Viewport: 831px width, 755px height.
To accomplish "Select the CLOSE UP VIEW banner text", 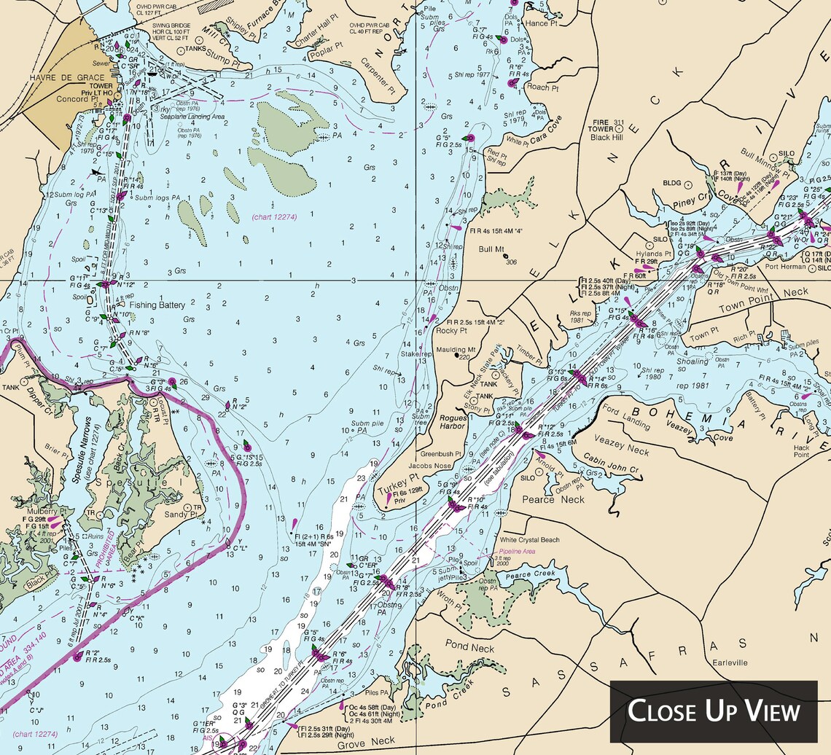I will (714, 711).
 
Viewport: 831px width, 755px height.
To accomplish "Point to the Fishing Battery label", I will (157, 305).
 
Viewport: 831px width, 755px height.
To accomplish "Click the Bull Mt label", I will (491, 249).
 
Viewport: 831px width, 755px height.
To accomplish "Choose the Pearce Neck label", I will (553, 499).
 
